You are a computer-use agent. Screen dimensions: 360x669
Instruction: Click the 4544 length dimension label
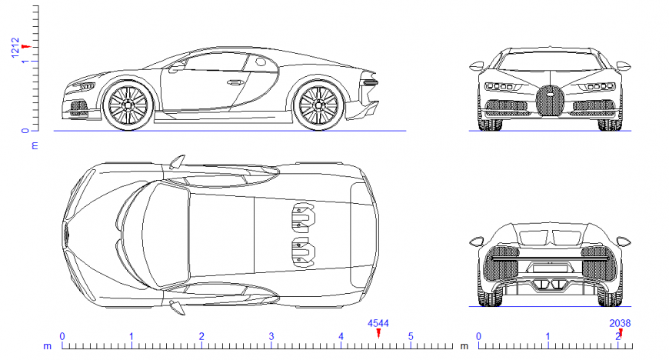378,324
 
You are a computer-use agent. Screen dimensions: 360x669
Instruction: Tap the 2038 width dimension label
620,324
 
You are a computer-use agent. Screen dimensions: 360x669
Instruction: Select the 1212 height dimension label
15,48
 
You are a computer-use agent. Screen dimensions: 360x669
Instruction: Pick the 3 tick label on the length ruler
271,336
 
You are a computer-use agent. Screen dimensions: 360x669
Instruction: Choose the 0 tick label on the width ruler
478,336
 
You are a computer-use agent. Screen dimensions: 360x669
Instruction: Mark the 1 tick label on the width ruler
548,336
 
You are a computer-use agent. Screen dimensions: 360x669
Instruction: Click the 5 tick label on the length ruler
411,336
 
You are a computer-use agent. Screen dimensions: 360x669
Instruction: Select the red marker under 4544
378,332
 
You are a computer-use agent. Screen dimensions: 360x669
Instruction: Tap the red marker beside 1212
26,47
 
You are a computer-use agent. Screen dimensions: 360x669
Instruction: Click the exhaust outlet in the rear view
549,285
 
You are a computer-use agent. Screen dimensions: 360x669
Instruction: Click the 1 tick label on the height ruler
25,62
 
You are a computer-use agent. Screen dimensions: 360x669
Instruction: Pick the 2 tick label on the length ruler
201,336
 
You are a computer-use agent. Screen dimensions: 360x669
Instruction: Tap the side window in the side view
215,65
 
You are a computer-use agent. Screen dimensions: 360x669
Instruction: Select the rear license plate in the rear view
549,267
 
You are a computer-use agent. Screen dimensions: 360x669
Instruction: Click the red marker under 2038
621,332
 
